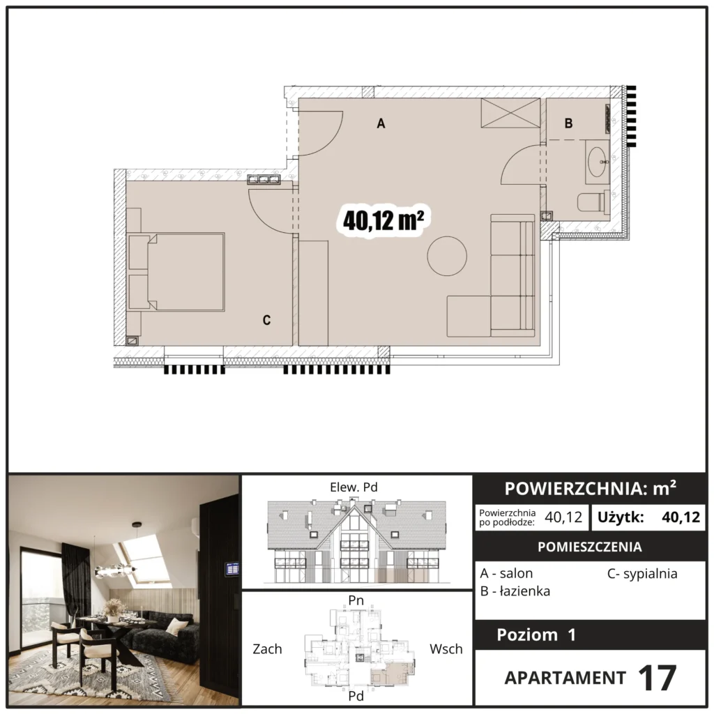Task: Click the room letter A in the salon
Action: [381, 123]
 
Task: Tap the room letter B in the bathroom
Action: [568, 123]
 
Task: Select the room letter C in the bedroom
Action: [266, 320]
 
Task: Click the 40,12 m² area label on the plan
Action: [383, 221]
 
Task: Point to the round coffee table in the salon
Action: [447, 256]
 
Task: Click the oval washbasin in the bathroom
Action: [598, 162]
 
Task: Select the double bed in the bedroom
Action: [176, 272]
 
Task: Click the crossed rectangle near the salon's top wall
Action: [510, 113]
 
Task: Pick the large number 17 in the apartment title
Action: [657, 678]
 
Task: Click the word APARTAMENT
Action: [565, 678]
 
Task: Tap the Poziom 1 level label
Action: [536, 635]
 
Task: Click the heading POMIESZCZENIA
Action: [590, 547]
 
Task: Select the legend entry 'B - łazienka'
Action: [515, 591]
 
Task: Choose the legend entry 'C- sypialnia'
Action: [642, 574]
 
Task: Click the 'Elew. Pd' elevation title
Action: [354, 487]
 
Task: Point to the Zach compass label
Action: [267, 649]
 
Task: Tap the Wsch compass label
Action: [446, 649]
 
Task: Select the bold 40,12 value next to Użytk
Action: [681, 517]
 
